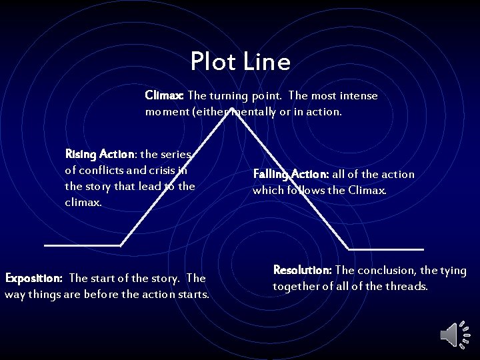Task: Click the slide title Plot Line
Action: click(240, 62)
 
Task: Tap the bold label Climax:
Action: click(165, 96)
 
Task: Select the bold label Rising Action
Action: click(99, 155)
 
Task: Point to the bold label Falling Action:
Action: click(291, 175)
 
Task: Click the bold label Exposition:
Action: click(34, 278)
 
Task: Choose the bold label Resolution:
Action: click(303, 270)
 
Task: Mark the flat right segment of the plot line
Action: click(387, 249)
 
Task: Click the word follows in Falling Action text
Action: click(306, 191)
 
